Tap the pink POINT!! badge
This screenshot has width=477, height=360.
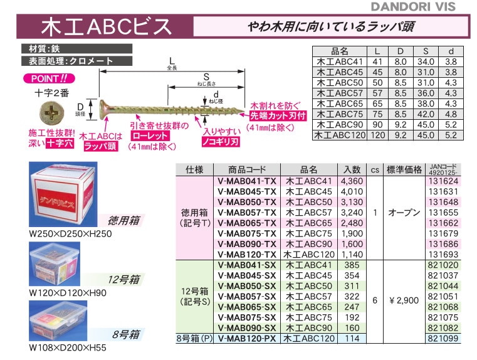[49, 80]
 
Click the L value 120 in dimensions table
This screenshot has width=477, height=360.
[377, 134]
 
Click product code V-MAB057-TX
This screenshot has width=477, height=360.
[247, 213]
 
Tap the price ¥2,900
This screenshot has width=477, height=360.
[404, 300]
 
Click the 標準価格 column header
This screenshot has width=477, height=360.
[404, 169]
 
